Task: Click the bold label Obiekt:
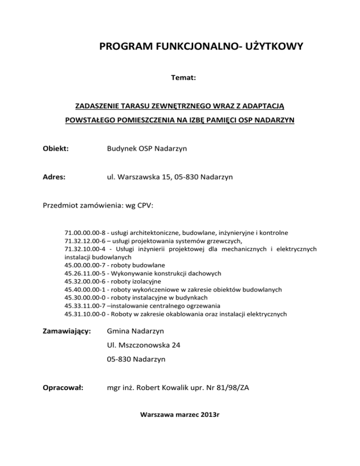pos(56,149)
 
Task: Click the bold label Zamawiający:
pos(67,331)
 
